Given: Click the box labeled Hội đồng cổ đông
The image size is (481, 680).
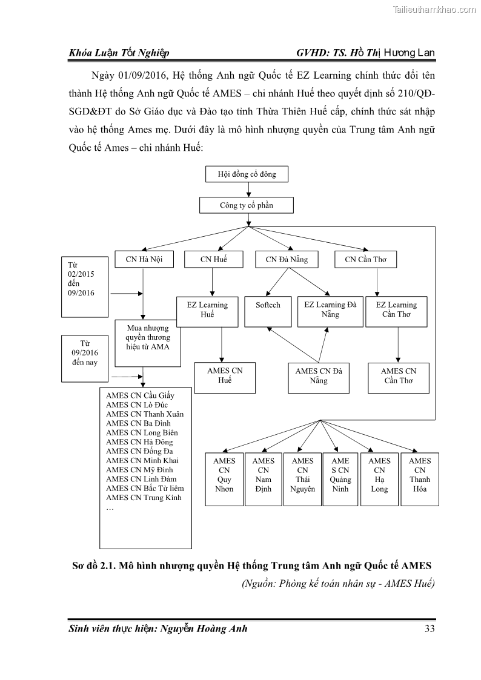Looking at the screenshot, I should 246,174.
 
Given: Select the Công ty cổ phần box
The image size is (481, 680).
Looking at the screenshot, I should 246,205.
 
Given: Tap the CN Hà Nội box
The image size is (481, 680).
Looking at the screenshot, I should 144,260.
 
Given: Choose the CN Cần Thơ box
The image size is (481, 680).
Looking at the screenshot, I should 365,260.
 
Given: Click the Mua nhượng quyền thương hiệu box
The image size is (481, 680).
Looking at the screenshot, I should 147,343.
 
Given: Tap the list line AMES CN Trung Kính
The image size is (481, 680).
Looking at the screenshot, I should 144,498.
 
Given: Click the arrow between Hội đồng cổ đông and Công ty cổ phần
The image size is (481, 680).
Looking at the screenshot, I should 246,190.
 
